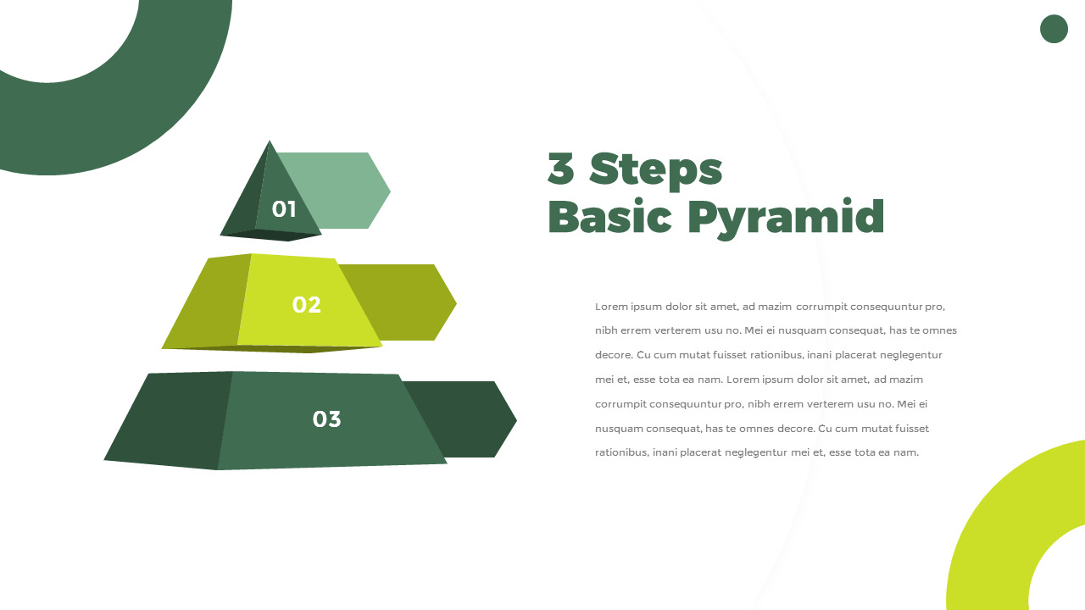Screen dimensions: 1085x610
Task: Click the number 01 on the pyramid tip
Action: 284,209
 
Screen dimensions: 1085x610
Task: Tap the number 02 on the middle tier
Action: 307,304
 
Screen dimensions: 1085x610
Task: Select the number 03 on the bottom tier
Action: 327,419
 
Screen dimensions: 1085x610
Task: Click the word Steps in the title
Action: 655,170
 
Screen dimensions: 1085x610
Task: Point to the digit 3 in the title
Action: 561,169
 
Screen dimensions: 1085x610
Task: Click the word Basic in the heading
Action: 609,216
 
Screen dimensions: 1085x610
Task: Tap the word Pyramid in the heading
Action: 786,219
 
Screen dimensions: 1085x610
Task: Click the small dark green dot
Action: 1054,29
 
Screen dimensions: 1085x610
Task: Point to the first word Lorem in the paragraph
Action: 611,307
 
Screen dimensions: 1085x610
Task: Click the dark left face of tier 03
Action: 170,419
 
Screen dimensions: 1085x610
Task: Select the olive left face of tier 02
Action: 206,302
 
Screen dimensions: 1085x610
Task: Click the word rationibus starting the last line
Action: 622,452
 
